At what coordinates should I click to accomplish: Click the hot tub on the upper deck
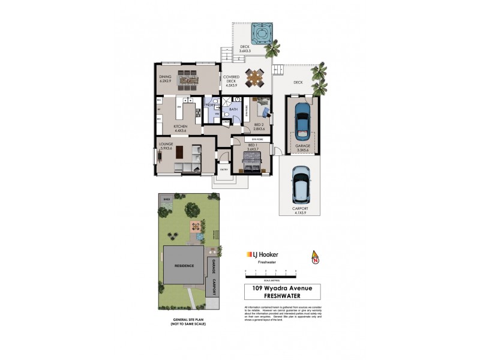260,32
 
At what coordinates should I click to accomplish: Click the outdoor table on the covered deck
254,77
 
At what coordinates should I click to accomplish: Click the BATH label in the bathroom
233,109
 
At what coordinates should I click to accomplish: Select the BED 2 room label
259,127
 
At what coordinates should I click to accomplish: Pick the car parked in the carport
300,184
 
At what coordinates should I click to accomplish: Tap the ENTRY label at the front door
223,169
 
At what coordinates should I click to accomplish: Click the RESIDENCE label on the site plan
185,265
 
